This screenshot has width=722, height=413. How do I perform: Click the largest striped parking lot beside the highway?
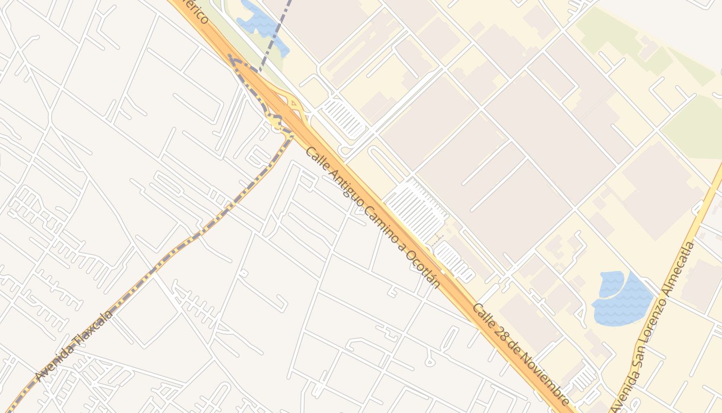click(415, 209)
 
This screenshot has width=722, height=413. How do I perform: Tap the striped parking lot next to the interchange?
click(343, 118)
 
